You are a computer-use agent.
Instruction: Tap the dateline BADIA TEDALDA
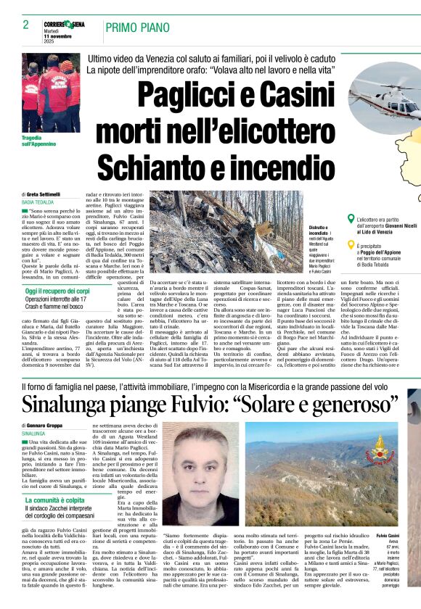click(38, 203)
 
